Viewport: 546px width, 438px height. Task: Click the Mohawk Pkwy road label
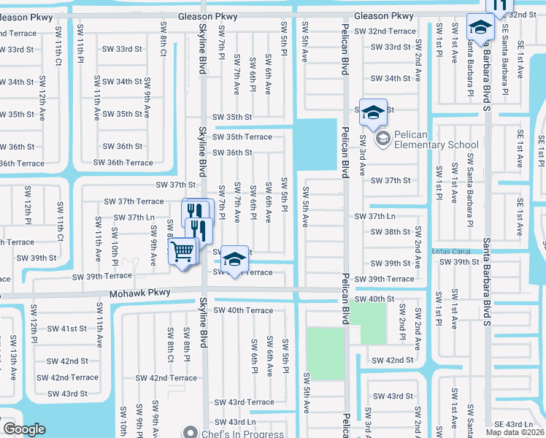pyautogui.click(x=140, y=293)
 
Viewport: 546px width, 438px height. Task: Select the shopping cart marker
pyautogui.click(x=183, y=252)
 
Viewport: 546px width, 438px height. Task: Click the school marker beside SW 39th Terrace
pyautogui.click(x=234, y=260)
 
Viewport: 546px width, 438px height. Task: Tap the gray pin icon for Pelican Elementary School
pyautogui.click(x=382, y=137)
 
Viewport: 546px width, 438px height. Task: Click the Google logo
pyautogui.click(x=25, y=429)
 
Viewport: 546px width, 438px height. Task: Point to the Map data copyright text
pyautogui.click(x=515, y=432)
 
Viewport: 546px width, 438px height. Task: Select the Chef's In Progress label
pyautogui.click(x=242, y=433)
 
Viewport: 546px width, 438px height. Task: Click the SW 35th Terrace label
pyautogui.click(x=242, y=137)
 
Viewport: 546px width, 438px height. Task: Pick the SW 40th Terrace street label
pyautogui.click(x=244, y=310)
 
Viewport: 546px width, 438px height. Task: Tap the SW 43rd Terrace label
pyautogui.click(x=245, y=402)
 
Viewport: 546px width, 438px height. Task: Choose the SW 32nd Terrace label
pyautogui.click(x=384, y=31)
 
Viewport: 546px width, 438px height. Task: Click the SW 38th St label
pyautogui.click(x=391, y=232)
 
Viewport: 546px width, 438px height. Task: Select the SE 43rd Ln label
pyautogui.click(x=514, y=423)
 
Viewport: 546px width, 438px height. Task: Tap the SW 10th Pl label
pyautogui.click(x=115, y=241)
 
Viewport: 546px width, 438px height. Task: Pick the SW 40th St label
pyautogui.click(x=374, y=299)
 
